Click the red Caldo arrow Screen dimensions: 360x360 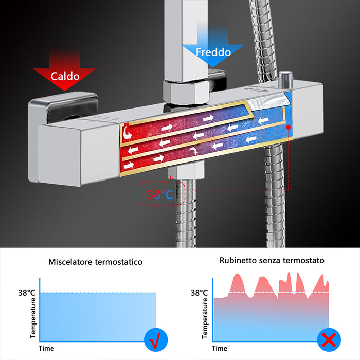tap(65, 73)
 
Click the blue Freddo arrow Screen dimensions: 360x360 tap(212, 50)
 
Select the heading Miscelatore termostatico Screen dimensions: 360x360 tap(96, 262)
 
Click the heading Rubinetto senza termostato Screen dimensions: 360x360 tap(272, 260)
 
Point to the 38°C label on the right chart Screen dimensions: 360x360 tap(199, 293)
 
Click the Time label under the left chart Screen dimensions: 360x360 tap(46, 348)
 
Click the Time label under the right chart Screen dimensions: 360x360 tap(220, 348)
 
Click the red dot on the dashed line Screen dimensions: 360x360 tap(289, 126)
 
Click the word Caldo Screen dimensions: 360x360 tap(65, 76)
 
